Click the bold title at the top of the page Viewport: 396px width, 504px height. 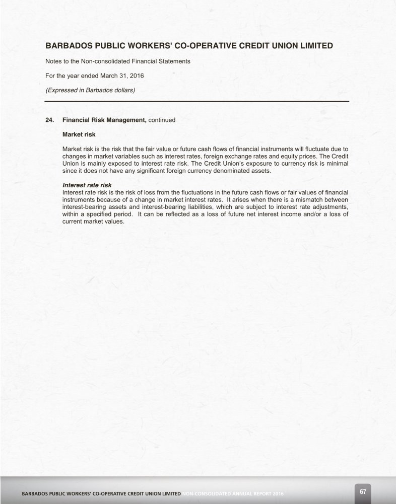point(189,45)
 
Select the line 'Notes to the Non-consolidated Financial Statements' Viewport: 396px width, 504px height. point(117,61)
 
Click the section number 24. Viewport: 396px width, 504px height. point(49,120)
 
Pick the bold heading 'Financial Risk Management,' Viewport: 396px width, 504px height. point(104,120)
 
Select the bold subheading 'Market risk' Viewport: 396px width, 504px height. point(79,134)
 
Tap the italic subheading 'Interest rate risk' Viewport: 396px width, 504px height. point(87,185)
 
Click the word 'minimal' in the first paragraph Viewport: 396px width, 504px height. point(337,164)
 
